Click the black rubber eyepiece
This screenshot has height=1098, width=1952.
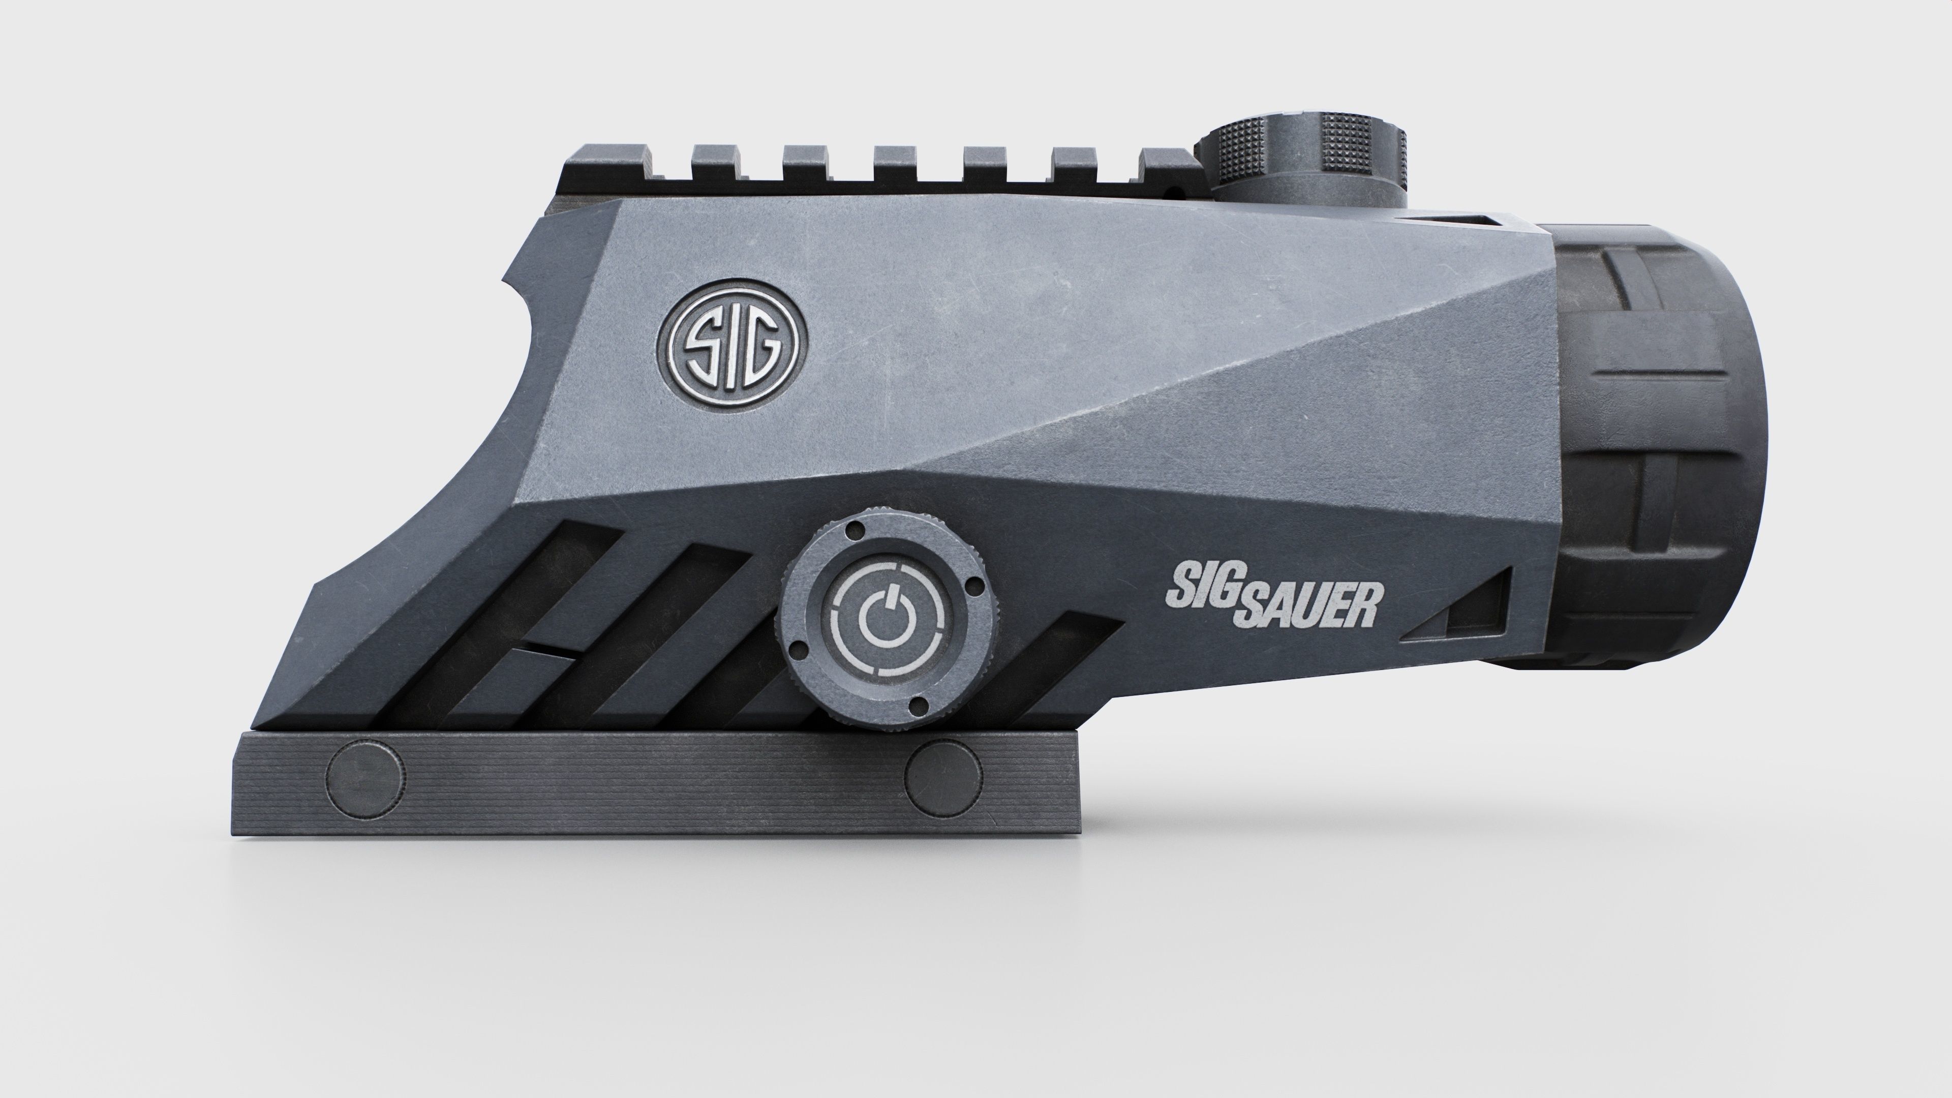(x=1652, y=447)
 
